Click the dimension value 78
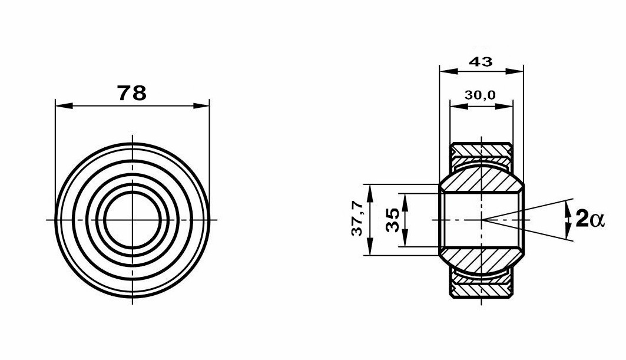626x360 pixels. [x=132, y=93]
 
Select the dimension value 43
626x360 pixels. [x=481, y=61]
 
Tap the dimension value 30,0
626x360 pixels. [x=480, y=95]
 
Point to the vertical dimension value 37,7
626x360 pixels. [x=357, y=218]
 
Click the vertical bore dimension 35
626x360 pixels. [x=392, y=220]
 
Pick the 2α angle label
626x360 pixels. [x=590, y=219]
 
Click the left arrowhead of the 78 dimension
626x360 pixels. [x=64, y=106]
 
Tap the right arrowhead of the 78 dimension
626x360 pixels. [x=200, y=106]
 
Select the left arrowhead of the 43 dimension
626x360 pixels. [x=448, y=71]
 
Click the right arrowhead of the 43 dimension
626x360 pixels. [x=514, y=71]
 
